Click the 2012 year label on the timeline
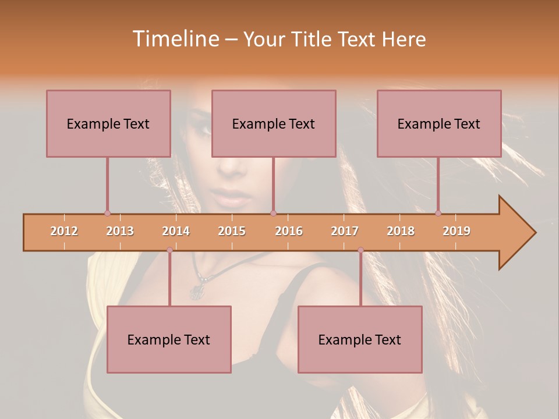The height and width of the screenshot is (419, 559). click(x=64, y=231)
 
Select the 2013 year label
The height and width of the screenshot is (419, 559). click(x=120, y=231)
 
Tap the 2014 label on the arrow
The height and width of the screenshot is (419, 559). click(x=176, y=231)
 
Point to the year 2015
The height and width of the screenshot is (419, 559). click(x=232, y=231)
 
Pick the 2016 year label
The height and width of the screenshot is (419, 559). click(x=289, y=231)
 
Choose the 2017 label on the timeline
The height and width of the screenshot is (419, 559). click(x=345, y=231)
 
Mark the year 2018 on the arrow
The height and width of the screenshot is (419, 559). click(x=401, y=231)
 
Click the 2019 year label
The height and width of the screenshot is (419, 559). click(x=457, y=231)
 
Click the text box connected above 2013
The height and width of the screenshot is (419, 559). click(x=108, y=123)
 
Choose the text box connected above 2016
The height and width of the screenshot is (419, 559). click(x=274, y=123)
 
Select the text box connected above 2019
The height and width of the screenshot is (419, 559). click(x=439, y=123)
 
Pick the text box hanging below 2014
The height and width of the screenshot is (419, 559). click(x=169, y=339)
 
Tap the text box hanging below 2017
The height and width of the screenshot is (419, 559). click(x=360, y=339)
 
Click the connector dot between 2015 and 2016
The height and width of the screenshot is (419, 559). click(x=274, y=214)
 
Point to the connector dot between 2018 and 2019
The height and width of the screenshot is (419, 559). click(x=438, y=214)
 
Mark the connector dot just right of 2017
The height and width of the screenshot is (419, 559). click(x=360, y=250)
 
